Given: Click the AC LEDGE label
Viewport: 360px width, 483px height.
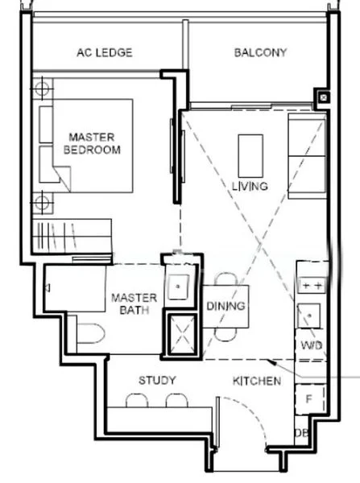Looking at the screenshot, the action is click(105, 52).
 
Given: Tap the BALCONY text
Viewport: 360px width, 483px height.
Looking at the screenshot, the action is click(260, 52).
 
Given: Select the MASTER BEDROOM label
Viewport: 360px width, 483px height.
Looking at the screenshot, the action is click(92, 143).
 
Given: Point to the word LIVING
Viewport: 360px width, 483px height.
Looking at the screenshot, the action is click(250, 186).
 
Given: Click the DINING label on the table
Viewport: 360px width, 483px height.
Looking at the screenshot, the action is click(226, 306).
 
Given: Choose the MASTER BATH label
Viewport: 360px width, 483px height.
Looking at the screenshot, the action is click(134, 303).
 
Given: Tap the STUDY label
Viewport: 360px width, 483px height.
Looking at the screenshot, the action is click(157, 380).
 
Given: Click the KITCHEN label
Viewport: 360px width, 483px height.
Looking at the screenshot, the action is click(257, 381).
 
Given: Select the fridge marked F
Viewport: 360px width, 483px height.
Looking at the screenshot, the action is click(310, 399).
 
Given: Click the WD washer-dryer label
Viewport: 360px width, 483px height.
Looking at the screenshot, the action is click(312, 345).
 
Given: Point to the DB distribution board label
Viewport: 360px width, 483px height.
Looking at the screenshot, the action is click(301, 433).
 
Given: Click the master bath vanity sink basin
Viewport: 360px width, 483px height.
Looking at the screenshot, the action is click(178, 287).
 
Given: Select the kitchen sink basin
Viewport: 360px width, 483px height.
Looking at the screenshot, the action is click(309, 316).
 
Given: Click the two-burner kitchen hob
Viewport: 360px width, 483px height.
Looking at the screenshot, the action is click(312, 286).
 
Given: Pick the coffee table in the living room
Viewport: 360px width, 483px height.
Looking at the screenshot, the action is click(250, 156).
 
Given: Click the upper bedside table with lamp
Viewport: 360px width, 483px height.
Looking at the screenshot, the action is click(43, 89).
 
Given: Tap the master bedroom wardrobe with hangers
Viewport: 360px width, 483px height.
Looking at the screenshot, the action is click(72, 236).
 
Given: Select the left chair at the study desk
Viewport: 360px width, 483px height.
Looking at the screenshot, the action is click(137, 400).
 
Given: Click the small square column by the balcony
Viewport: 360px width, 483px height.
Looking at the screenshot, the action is click(323, 98).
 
